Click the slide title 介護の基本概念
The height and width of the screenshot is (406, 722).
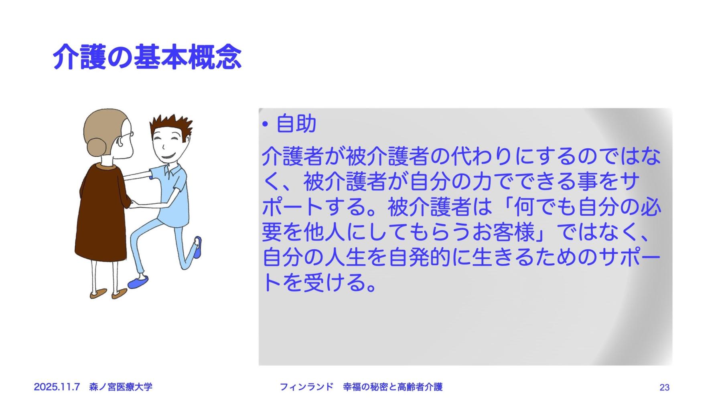[147, 57]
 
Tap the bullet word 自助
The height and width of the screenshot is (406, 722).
[296, 123]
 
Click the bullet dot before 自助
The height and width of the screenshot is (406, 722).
[265, 125]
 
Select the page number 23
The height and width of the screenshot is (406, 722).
[664, 387]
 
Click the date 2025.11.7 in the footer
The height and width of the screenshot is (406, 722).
[57, 387]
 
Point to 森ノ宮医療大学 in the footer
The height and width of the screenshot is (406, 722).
[121, 387]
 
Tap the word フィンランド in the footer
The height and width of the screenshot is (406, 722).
[306, 387]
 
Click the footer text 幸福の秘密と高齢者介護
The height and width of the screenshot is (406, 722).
[393, 387]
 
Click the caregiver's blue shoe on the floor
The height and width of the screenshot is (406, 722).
[138, 282]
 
